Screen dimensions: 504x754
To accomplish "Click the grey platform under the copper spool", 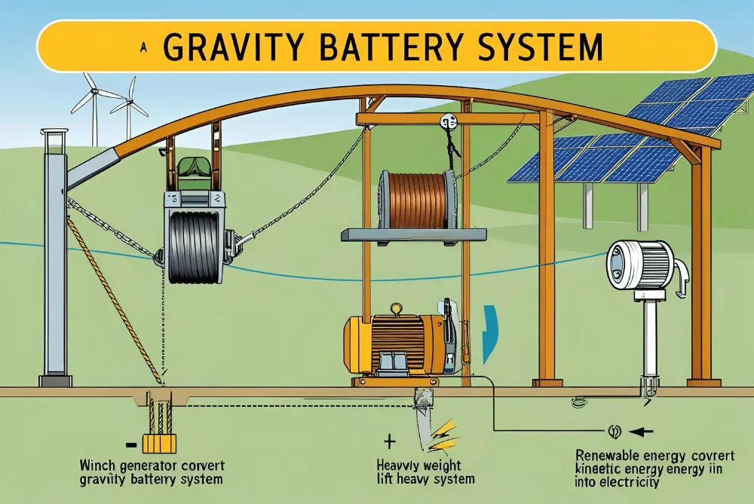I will coord(414,235).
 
